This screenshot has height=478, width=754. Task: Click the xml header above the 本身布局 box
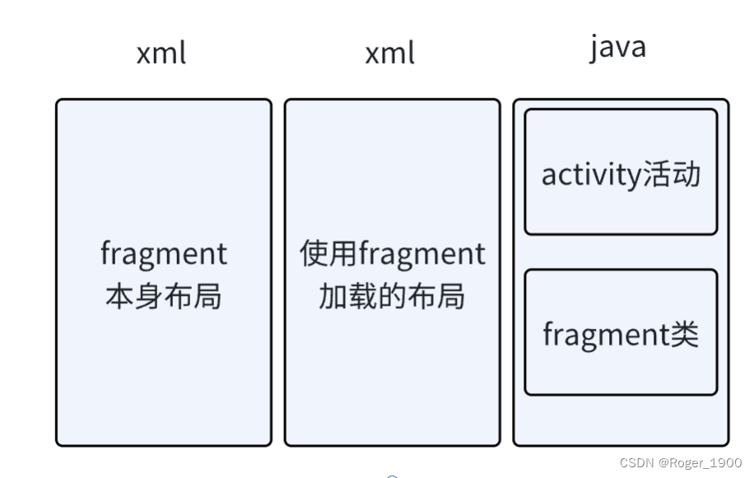click(161, 53)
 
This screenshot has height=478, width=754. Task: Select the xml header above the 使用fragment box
click(390, 53)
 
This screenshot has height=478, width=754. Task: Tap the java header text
click(617, 46)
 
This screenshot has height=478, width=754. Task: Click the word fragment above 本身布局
click(163, 254)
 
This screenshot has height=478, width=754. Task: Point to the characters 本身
click(133, 297)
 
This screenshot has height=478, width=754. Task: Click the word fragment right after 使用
click(422, 254)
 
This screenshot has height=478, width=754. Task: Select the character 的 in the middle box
click(392, 297)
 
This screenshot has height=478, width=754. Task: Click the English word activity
click(586, 175)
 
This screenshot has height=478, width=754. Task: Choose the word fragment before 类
click(605, 335)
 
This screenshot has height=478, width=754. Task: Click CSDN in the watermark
click(636, 463)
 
